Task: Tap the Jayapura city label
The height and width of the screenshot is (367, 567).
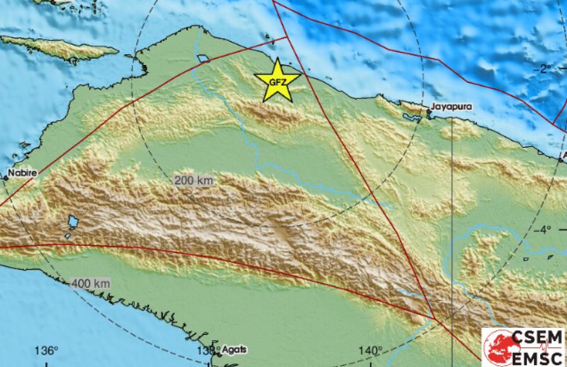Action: pos(452,107)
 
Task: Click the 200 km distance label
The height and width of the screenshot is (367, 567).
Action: pos(194,181)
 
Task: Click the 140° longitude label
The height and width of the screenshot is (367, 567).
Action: pos(371,351)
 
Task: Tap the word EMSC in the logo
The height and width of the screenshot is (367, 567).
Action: pos(537,357)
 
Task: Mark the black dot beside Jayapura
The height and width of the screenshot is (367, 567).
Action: pos(429,111)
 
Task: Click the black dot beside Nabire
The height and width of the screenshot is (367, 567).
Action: pos(6,178)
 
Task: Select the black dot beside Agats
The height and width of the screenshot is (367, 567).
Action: pos(218,355)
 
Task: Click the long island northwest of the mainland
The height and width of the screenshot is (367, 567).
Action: pos(60,47)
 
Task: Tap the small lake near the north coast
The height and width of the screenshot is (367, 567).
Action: pos(203,59)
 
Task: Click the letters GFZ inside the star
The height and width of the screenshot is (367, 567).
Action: pos(277,82)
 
